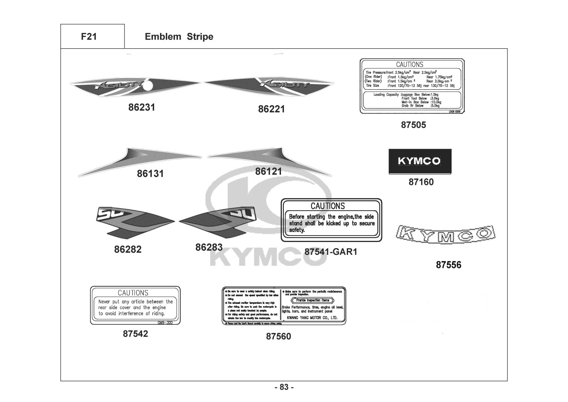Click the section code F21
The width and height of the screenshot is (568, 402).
(x=89, y=37)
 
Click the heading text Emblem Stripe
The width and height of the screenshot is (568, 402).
(x=179, y=37)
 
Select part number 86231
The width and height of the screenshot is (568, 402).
(x=142, y=107)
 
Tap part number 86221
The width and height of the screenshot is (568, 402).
(x=271, y=109)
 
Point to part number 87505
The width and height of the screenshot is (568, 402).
(x=413, y=125)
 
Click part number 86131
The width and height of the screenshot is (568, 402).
(x=150, y=174)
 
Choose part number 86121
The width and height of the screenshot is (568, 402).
(x=269, y=171)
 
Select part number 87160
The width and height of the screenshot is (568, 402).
(x=421, y=182)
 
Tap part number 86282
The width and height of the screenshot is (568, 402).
(x=128, y=250)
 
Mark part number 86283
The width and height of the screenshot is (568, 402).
(x=209, y=248)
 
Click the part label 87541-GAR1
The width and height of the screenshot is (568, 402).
(x=331, y=252)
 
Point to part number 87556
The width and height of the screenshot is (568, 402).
(x=449, y=265)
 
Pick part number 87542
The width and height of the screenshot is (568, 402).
(x=135, y=334)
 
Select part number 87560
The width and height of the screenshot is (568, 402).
(x=279, y=336)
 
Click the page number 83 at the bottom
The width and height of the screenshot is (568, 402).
(x=284, y=388)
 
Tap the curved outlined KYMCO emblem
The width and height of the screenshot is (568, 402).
(x=445, y=234)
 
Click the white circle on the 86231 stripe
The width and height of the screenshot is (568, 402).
(x=148, y=86)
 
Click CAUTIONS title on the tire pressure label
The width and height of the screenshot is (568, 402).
(x=409, y=64)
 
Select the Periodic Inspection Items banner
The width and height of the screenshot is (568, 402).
(x=313, y=300)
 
